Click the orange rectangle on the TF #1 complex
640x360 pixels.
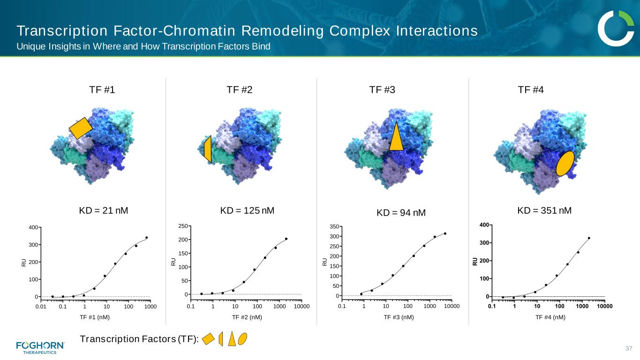click(81, 128)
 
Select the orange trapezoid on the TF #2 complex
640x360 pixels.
click(208, 149)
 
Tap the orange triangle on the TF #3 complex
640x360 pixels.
click(396, 136)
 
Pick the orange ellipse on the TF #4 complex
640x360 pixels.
click(565, 164)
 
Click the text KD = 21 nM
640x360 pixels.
click(104, 210)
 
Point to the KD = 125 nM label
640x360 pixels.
click(247, 210)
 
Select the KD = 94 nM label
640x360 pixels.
click(401, 213)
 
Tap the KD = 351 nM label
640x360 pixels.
click(544, 210)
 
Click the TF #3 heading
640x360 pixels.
click(382, 90)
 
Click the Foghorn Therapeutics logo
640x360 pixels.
click(40, 347)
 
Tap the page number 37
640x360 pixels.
click(629, 348)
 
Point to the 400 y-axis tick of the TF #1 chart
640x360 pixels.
click(33, 227)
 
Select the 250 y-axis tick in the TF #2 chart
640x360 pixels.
click(183, 226)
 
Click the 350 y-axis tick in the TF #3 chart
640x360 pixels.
click(334, 226)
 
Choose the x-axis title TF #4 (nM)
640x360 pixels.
click(550, 317)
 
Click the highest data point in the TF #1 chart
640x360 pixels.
click(147, 238)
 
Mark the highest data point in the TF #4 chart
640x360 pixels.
click(589, 238)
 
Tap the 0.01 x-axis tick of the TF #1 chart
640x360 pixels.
click(41, 307)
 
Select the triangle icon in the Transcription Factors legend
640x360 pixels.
click(232, 338)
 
